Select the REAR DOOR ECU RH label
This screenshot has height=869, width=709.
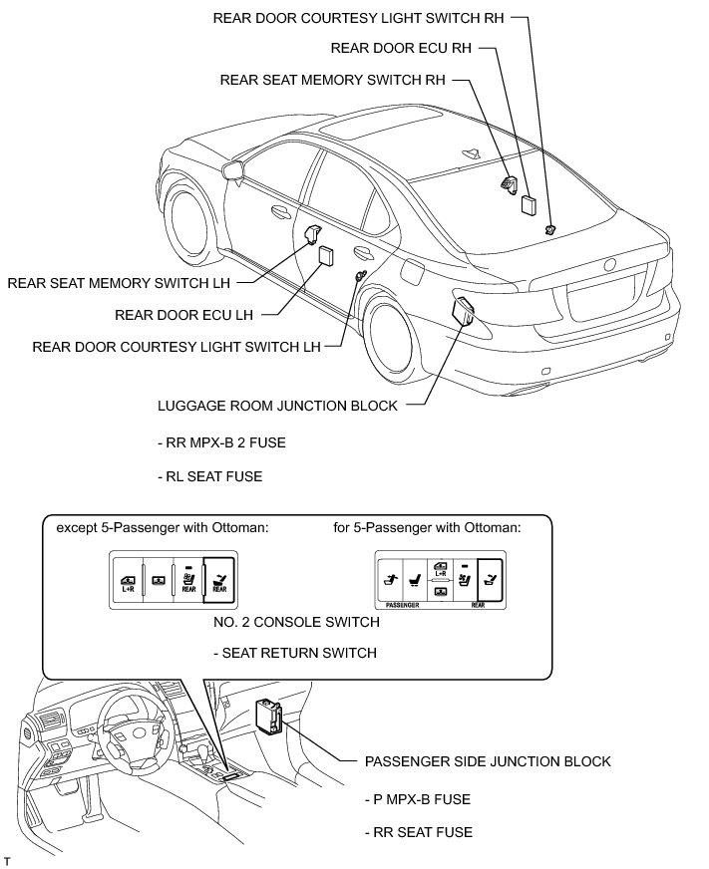[400, 47]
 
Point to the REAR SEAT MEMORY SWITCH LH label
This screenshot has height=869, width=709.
[119, 282]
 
